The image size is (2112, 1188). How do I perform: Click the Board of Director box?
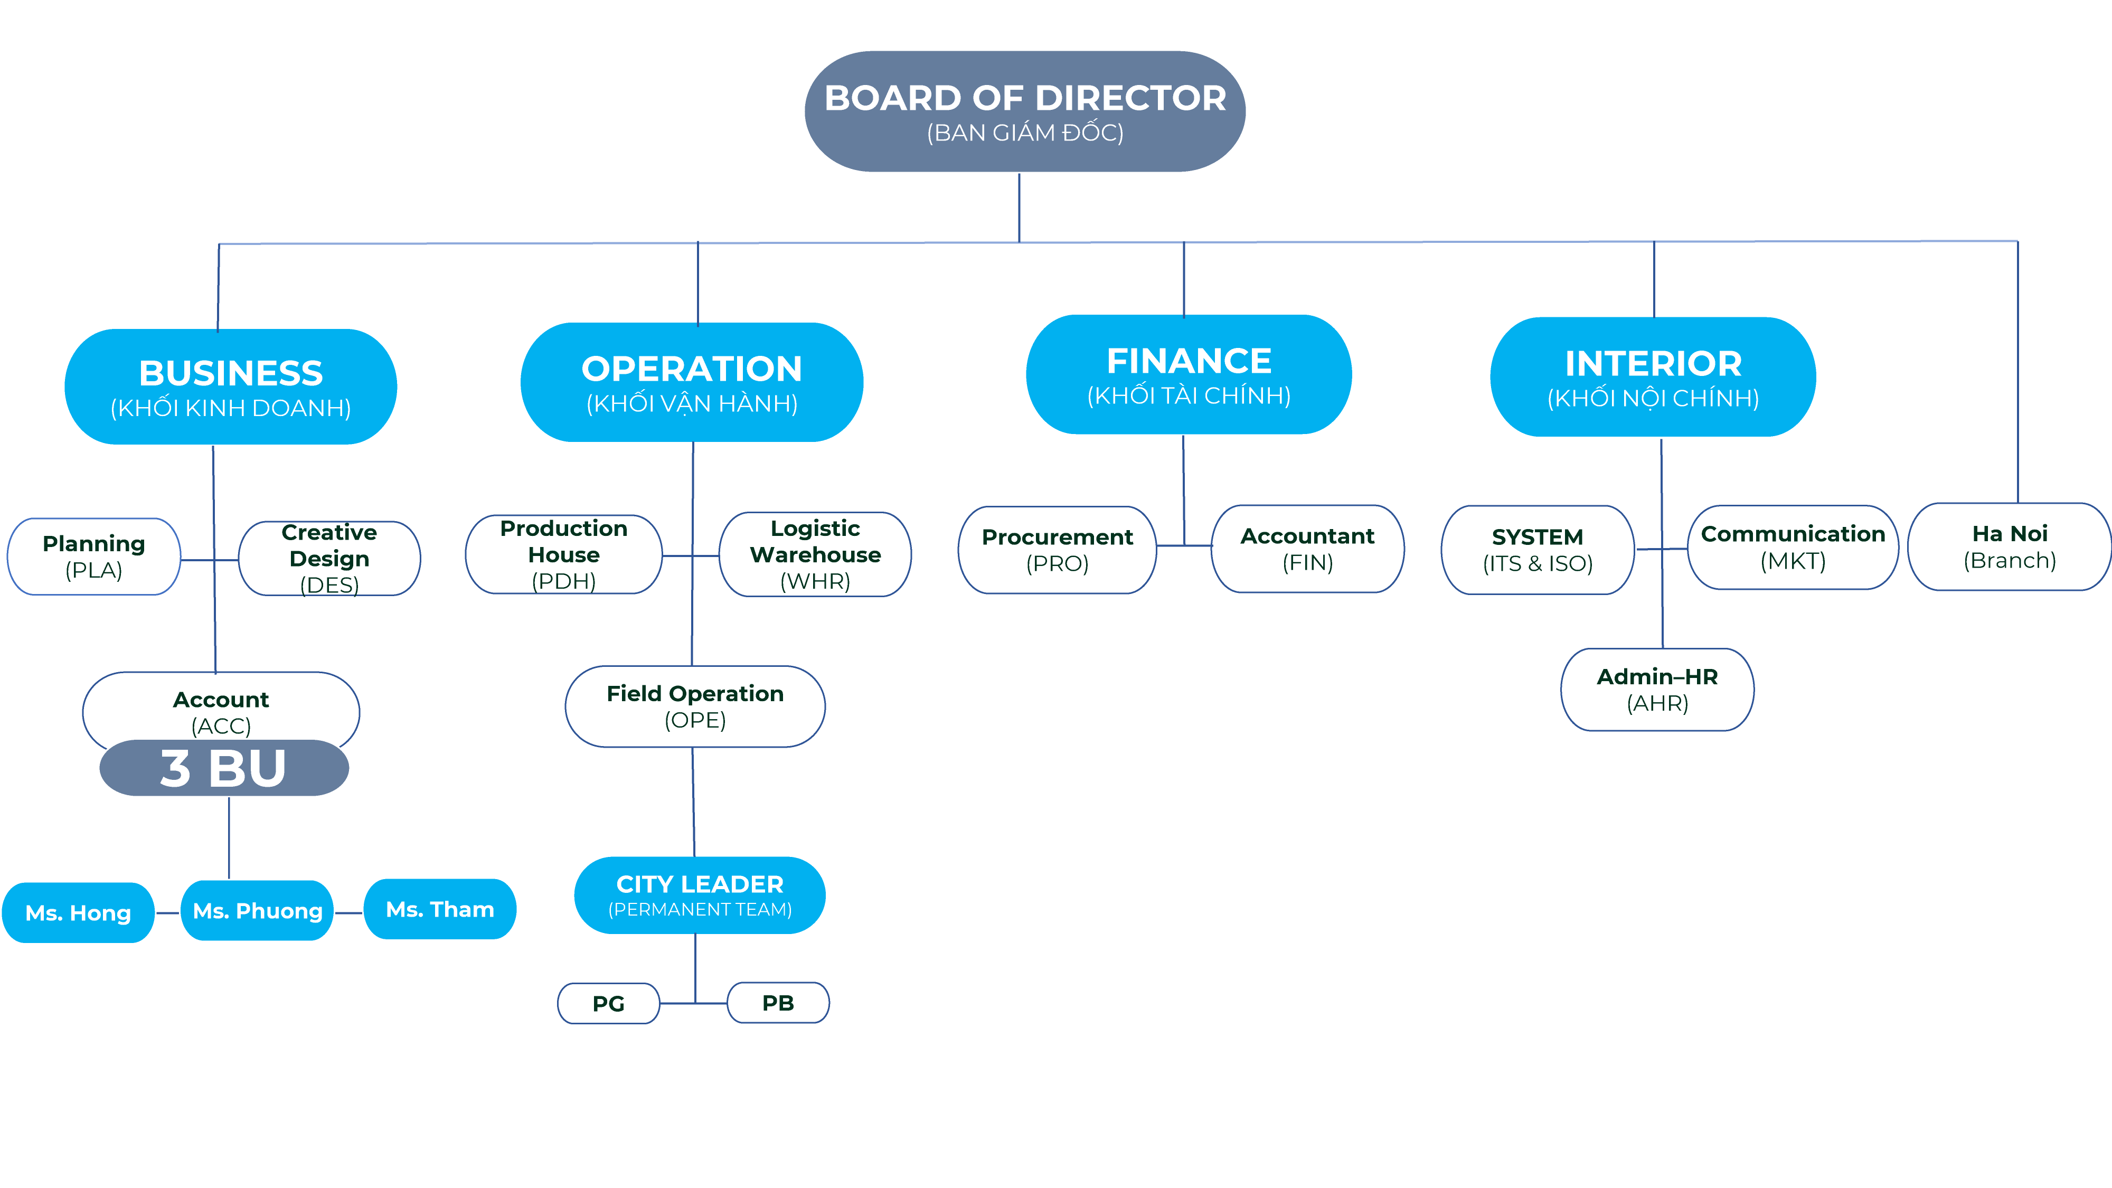click(1025, 111)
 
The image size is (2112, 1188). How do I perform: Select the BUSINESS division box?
click(231, 387)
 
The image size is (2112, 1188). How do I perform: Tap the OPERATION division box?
click(692, 383)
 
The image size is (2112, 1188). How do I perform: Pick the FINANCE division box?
click(1189, 375)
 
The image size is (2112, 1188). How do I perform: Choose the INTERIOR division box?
click(1653, 377)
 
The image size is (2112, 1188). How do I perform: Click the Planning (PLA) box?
click(93, 557)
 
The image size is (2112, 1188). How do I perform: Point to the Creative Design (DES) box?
click(329, 558)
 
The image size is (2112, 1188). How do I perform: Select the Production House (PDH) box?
click(564, 554)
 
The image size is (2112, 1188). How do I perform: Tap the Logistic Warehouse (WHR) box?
click(815, 554)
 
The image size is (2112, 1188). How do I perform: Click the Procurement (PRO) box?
click(1058, 550)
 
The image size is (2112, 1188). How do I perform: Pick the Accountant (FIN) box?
click(1308, 549)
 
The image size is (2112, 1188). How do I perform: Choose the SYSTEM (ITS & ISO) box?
click(1537, 550)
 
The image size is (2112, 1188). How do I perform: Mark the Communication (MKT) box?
click(1793, 547)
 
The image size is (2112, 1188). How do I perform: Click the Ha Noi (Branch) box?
click(2010, 547)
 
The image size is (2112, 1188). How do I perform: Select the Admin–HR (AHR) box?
click(1657, 690)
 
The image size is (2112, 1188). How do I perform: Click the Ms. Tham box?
click(440, 909)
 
